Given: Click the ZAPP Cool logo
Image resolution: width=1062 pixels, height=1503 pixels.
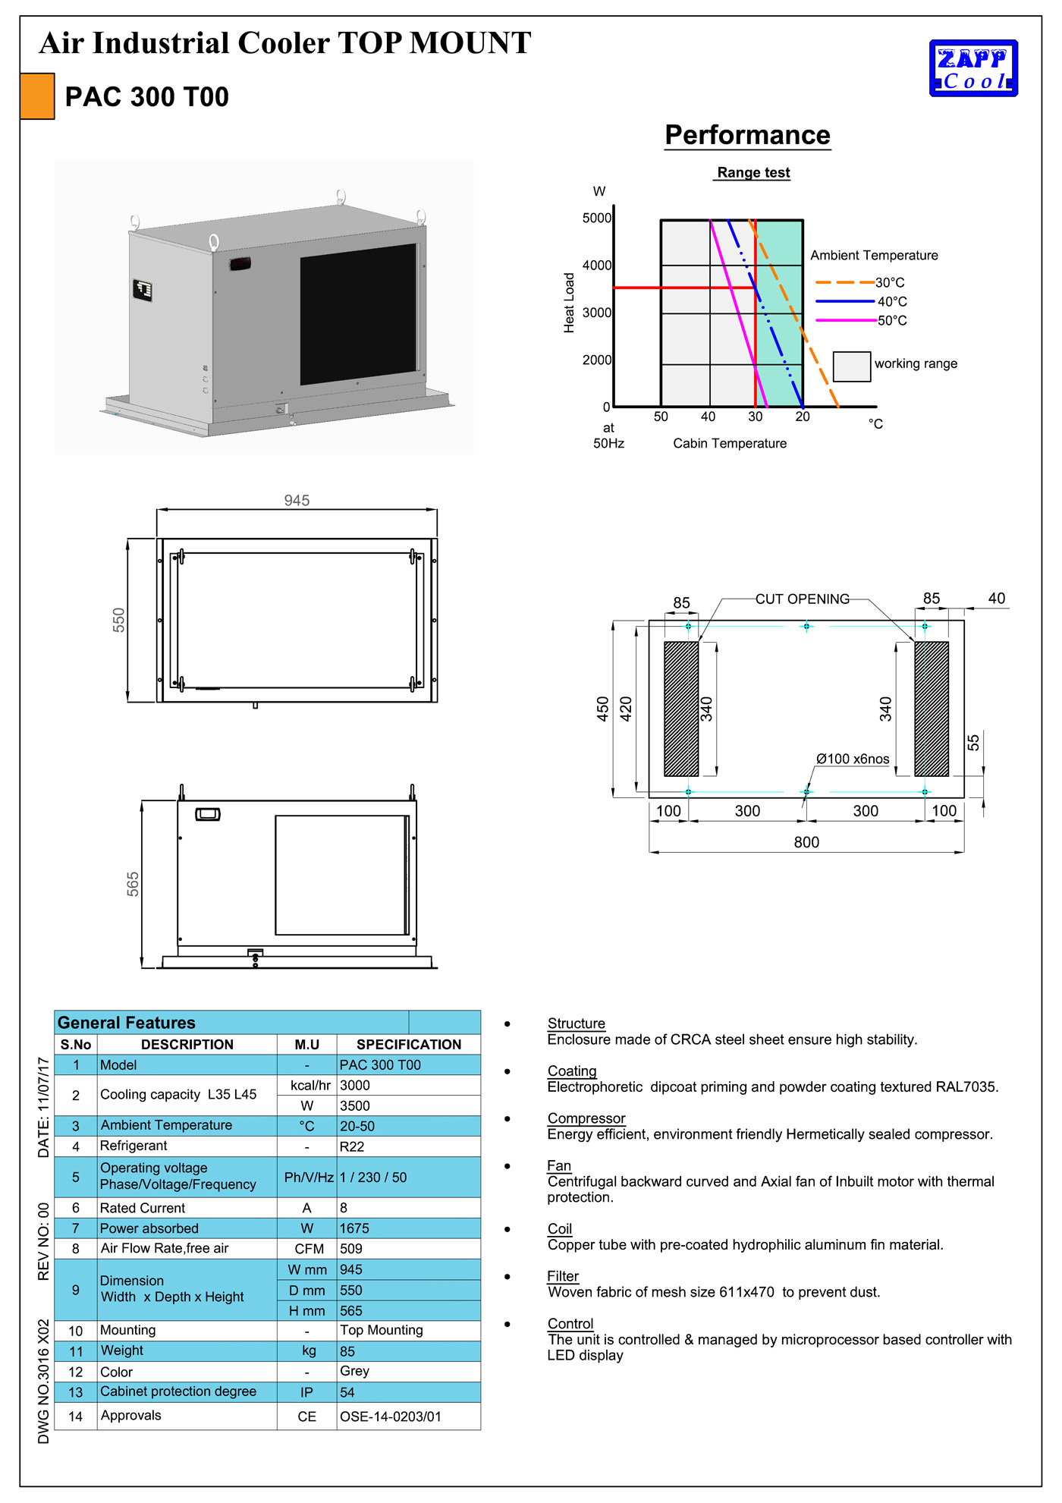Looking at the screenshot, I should click(x=973, y=68).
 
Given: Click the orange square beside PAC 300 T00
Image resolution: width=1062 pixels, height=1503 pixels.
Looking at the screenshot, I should click(x=37, y=96).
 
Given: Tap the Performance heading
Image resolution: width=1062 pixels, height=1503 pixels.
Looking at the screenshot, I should click(x=747, y=135).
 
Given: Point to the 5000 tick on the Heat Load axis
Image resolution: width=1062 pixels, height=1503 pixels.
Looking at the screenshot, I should click(x=596, y=219).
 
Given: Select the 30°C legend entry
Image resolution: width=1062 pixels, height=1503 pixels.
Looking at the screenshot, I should click(x=890, y=283).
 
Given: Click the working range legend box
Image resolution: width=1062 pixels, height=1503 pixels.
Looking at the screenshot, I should click(x=851, y=366).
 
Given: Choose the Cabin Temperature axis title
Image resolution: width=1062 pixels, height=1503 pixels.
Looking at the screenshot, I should click(x=730, y=444).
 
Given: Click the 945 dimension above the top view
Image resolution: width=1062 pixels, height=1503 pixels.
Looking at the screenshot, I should click(x=297, y=501).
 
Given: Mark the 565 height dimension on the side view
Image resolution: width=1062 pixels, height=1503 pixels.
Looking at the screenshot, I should click(x=133, y=884).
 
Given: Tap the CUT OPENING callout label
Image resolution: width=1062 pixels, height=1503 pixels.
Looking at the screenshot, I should click(x=802, y=599).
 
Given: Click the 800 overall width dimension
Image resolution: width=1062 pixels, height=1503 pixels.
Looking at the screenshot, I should click(x=806, y=843).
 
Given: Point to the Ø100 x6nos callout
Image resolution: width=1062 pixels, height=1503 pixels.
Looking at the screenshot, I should click(x=853, y=759).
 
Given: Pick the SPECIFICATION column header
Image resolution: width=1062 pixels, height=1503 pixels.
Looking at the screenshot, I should click(x=408, y=1045).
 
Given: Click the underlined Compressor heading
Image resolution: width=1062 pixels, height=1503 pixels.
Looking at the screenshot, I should click(x=586, y=1118).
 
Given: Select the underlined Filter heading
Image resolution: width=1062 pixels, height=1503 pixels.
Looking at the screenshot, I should click(x=563, y=1276).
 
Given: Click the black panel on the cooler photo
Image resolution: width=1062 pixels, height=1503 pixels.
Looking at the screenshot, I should click(x=358, y=314).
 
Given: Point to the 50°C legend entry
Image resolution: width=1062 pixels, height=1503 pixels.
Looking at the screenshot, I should click(x=892, y=321).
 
